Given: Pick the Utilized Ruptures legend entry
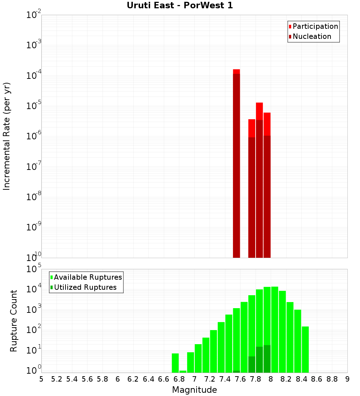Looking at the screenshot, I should tap(85, 287).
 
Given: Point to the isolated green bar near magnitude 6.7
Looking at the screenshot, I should tap(175, 363).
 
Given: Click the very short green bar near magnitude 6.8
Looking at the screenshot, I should tap(183, 372).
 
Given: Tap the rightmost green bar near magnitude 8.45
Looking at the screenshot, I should tap(305, 349).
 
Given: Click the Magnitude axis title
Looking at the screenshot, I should tap(194, 390).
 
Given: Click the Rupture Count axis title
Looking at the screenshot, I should tap(14, 321).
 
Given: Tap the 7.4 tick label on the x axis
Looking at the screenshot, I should tap(225, 379).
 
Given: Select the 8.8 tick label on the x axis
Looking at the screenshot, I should tap(332, 379).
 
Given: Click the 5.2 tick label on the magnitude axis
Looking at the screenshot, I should tap(57, 379).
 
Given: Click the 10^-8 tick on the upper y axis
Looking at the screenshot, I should tap(33, 198).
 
